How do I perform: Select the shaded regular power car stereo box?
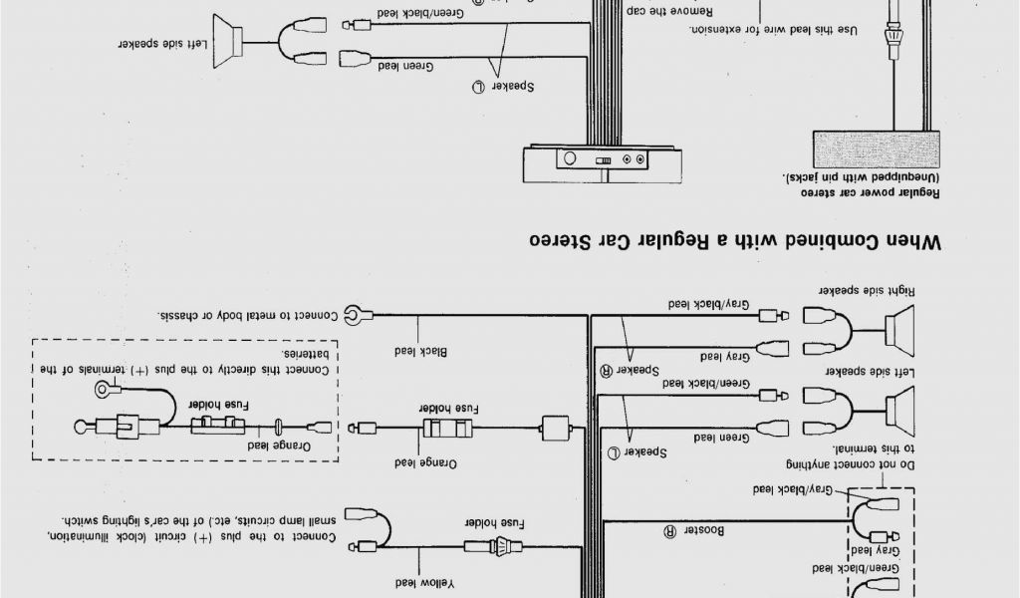(x=877, y=149)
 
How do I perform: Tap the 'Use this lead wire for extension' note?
(x=773, y=31)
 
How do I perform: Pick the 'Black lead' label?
(x=423, y=351)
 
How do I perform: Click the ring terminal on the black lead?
(x=354, y=316)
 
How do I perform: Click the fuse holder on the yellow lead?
(x=495, y=545)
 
